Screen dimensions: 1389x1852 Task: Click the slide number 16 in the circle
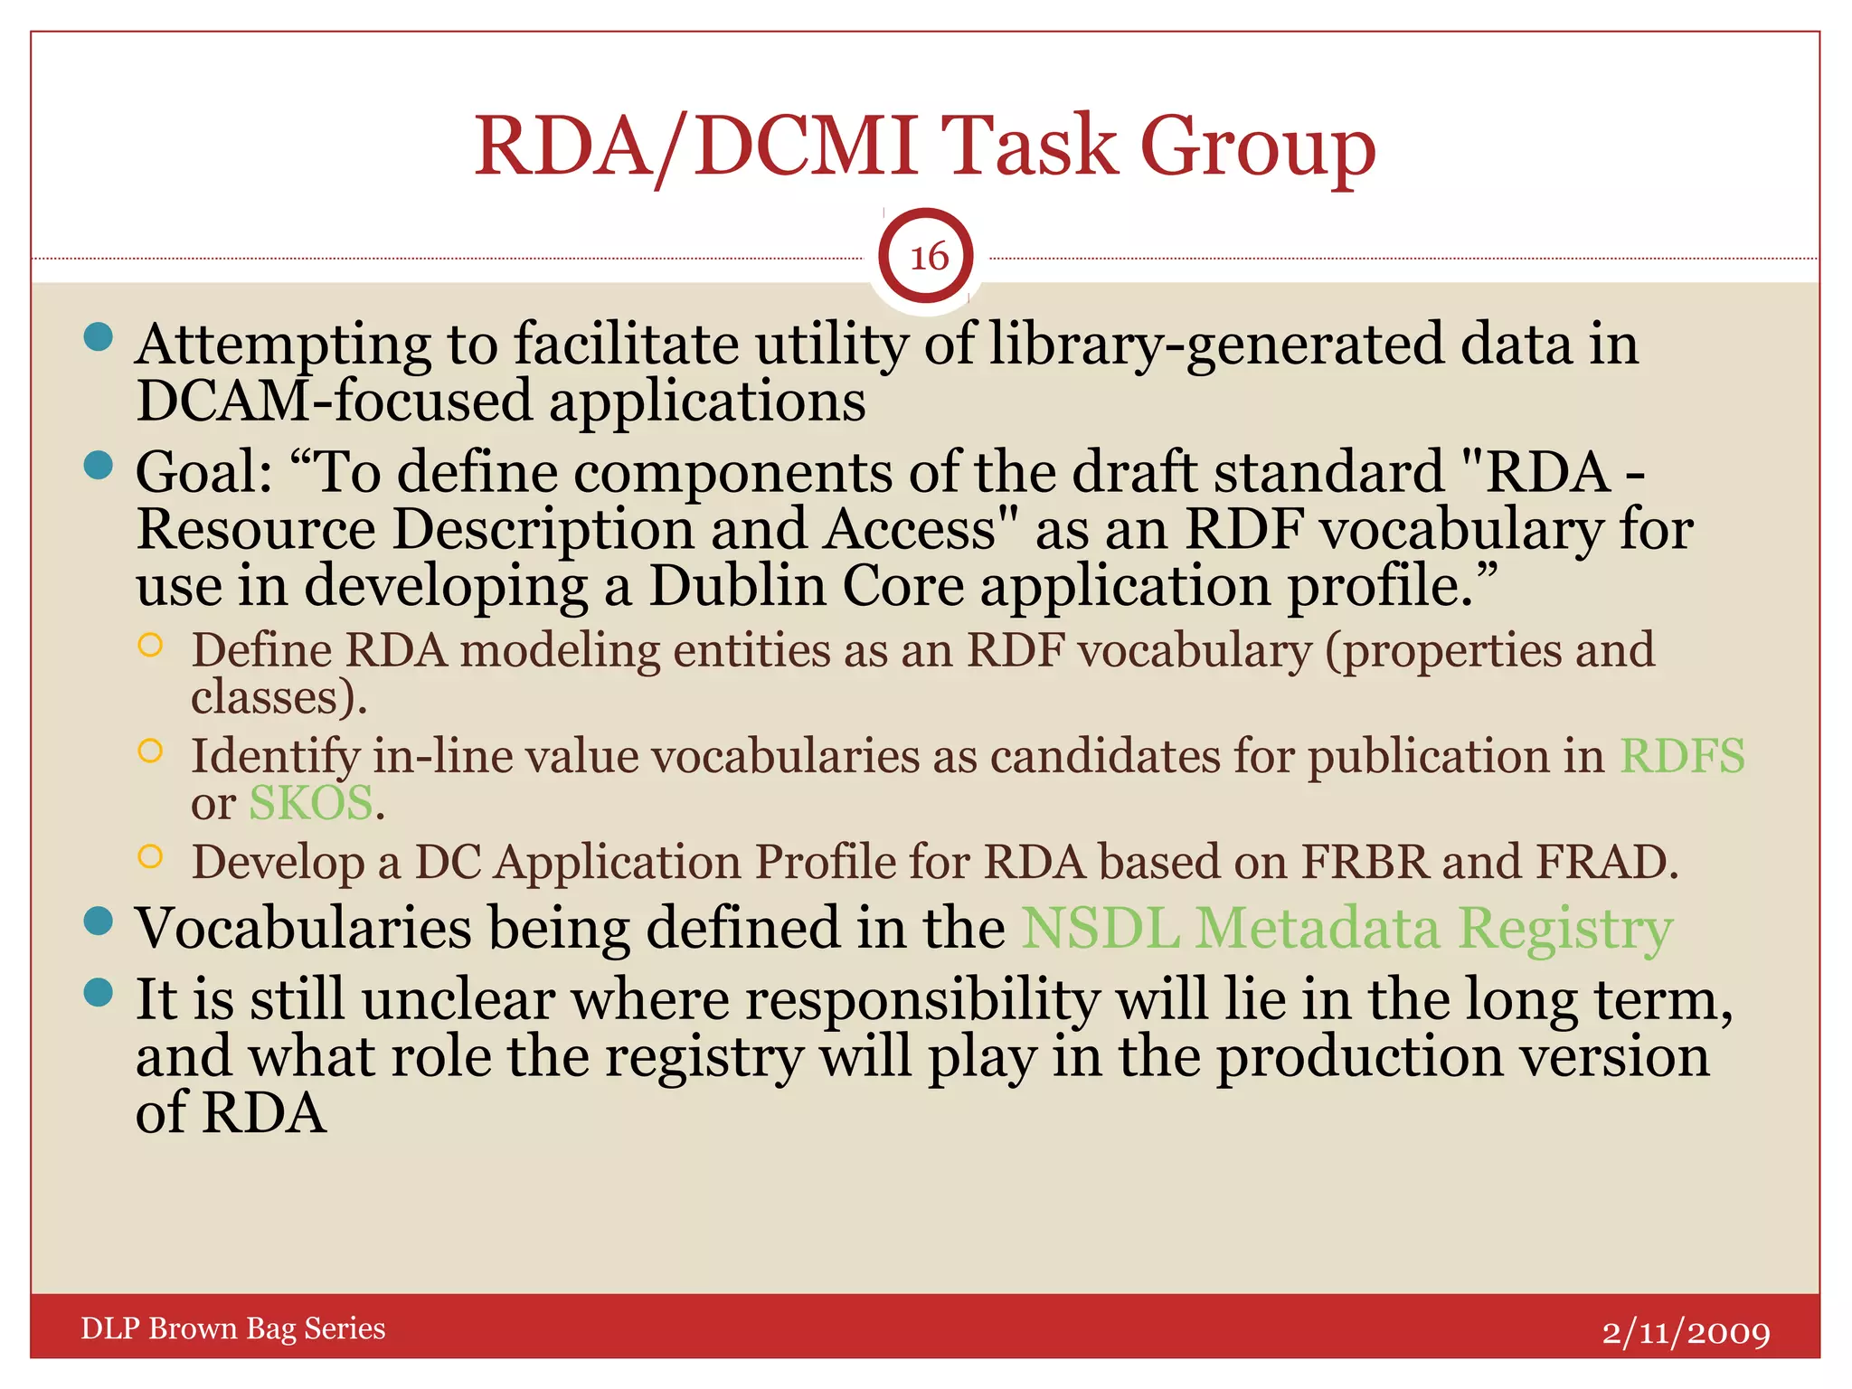928,258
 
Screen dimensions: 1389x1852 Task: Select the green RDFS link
1681,756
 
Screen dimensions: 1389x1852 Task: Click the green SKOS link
310,803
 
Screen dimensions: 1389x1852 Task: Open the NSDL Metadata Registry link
1346,929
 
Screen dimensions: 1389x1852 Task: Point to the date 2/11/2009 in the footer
1686,1332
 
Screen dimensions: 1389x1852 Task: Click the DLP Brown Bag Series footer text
232,1328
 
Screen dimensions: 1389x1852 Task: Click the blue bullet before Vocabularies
98,921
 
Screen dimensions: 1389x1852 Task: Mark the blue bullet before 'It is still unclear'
98,993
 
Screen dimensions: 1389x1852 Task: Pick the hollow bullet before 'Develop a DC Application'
150,856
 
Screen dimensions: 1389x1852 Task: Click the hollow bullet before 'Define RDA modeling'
150,645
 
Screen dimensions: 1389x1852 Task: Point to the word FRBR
1365,862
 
